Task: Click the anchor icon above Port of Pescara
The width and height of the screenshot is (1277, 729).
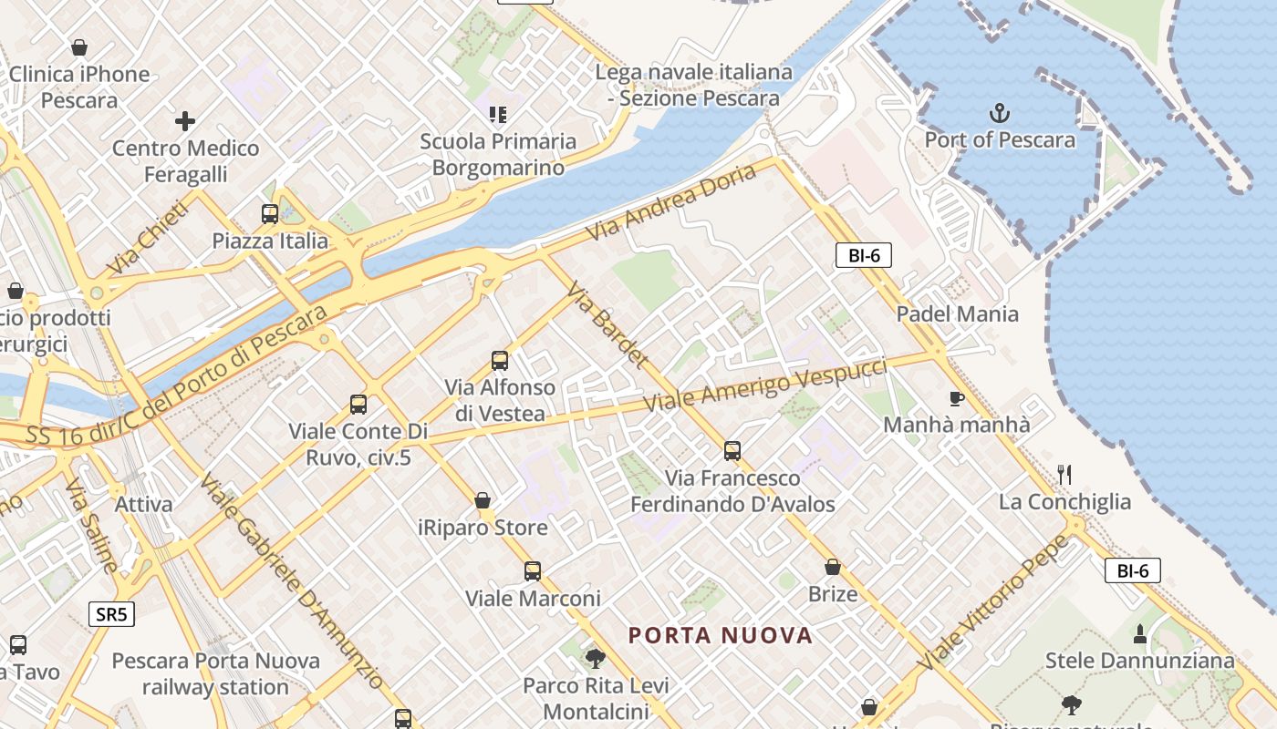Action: point(1001,114)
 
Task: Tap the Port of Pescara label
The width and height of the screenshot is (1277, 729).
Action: point(1000,140)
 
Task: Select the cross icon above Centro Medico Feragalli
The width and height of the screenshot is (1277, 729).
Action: point(185,121)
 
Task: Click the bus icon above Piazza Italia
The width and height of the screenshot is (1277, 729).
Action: point(270,214)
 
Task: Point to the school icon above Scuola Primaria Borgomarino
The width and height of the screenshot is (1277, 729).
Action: point(498,115)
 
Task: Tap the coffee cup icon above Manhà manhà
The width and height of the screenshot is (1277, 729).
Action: point(956,398)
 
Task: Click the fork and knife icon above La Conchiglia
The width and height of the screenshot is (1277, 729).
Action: point(1064,475)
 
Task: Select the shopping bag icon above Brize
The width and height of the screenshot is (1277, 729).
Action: point(833,567)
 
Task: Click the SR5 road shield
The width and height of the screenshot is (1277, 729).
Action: point(112,614)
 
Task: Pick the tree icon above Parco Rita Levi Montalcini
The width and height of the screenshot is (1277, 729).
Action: point(596,658)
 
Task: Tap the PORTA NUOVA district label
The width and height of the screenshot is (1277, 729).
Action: point(721,635)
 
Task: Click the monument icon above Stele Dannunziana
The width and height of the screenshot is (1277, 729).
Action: point(1139,633)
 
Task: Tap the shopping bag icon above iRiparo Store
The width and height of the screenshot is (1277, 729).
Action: point(483,500)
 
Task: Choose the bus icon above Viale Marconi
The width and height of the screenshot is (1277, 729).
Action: point(533,571)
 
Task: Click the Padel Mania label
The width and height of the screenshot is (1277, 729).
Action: point(957,314)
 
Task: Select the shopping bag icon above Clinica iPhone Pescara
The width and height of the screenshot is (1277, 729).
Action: point(79,47)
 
